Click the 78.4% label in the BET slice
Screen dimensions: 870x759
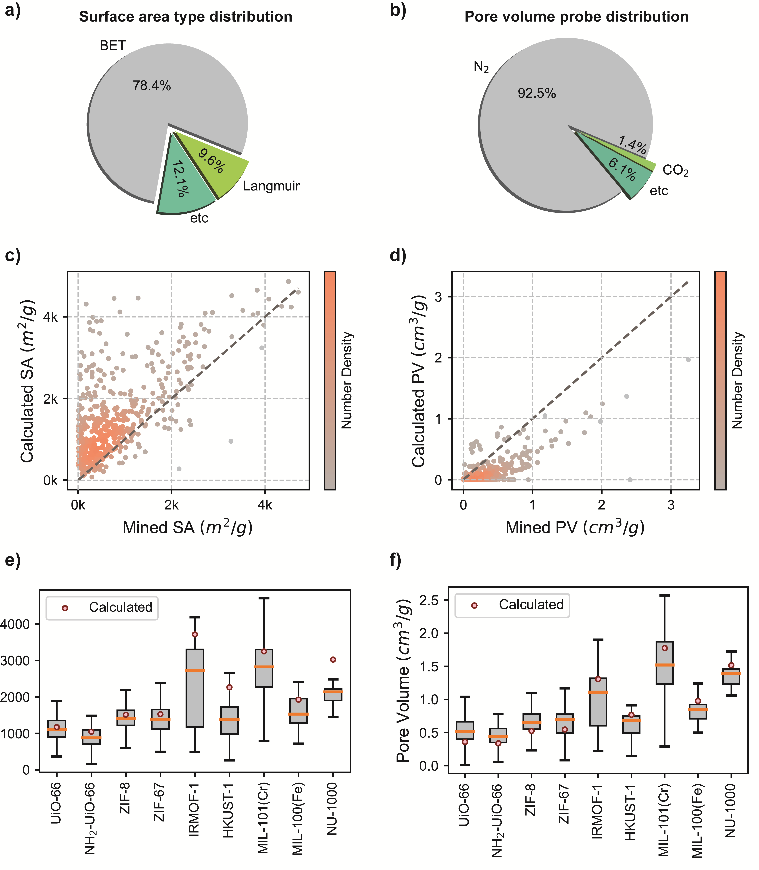[x=152, y=86]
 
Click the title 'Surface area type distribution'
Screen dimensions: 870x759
[x=186, y=17]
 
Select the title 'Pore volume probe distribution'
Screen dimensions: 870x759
[x=576, y=17]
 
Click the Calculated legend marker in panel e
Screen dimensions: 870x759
[x=65, y=608]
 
